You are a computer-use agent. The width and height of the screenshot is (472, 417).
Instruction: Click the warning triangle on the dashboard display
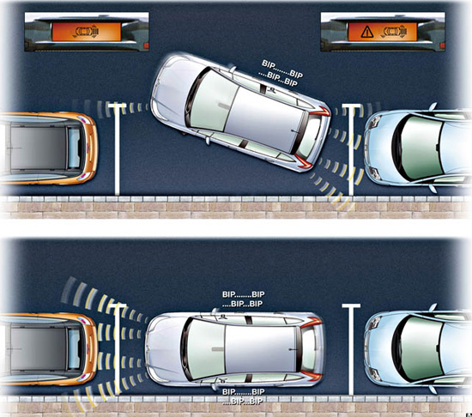pos(367,32)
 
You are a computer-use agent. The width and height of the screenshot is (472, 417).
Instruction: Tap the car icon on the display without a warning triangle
pos(86,32)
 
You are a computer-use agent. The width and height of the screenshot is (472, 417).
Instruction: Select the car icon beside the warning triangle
pos(395,32)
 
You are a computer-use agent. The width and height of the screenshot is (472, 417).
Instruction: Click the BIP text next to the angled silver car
pos(281,74)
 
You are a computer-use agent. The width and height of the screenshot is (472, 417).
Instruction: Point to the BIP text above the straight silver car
pos(243,299)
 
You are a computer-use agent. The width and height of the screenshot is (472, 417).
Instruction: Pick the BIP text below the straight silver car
pos(243,396)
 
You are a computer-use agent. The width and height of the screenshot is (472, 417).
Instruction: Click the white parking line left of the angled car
pos(117,150)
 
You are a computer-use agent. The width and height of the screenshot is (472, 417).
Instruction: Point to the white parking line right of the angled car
pos(351,150)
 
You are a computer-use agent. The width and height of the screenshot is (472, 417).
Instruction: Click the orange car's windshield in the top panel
pos(74,148)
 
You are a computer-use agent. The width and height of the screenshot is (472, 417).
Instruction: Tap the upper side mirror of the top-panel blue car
pos(433,106)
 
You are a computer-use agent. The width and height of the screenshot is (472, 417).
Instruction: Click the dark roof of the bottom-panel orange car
pos(38,349)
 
